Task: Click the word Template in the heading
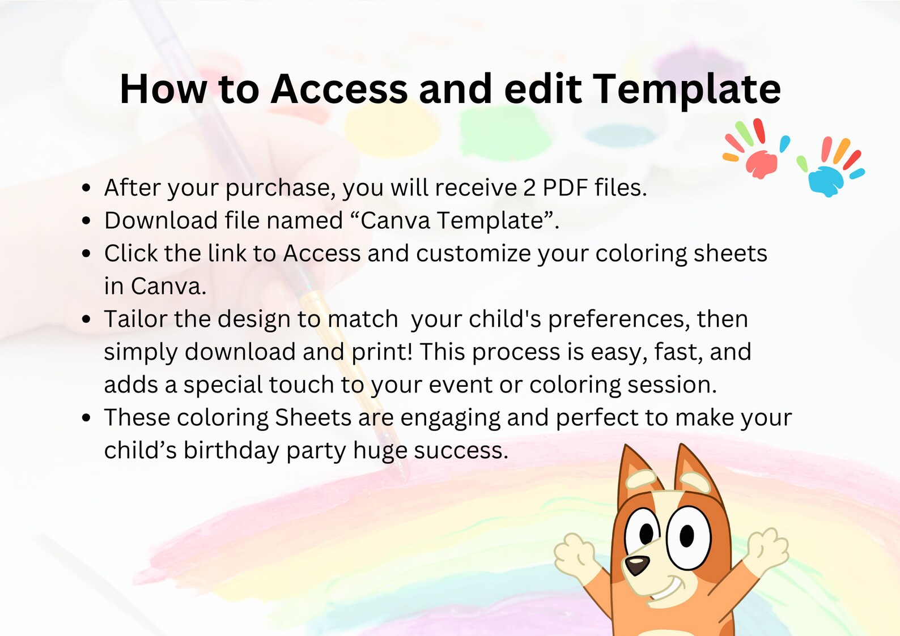click(687, 89)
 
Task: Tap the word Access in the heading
click(339, 89)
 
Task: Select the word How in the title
click(163, 89)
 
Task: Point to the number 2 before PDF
click(529, 188)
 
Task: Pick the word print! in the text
click(382, 352)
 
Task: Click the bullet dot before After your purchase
click(86, 188)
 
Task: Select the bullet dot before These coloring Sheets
click(86, 418)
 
